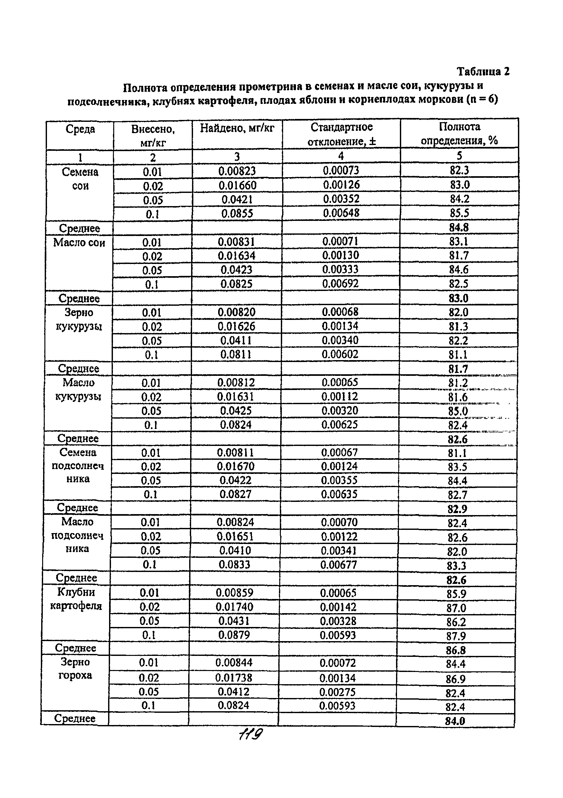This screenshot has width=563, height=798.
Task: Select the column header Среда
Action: coord(80,129)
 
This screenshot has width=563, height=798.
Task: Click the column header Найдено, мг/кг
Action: coord(237,129)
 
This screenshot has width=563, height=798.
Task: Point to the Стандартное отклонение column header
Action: coord(341,134)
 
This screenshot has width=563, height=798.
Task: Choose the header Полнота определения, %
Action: coord(459,133)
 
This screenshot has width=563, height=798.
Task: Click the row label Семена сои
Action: coord(80,179)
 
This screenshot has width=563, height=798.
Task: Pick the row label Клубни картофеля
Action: coord(76,599)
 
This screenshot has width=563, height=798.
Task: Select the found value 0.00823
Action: coord(237,171)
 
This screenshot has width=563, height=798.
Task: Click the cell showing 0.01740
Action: coord(235,607)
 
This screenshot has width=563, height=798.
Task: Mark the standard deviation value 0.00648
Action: coord(341,213)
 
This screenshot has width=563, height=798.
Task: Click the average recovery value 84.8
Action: coord(459,228)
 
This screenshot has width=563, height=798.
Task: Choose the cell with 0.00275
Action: coord(337,692)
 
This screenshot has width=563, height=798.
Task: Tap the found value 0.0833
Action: coord(235,565)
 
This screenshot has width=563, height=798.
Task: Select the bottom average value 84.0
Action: coord(455,721)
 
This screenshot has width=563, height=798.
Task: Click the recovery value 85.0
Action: coord(458,411)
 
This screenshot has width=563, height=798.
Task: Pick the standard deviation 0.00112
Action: coord(339,396)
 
